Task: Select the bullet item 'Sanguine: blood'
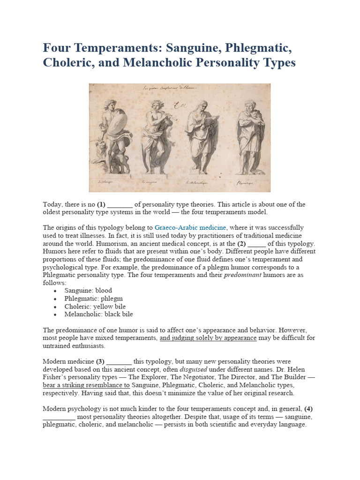tap(88, 291)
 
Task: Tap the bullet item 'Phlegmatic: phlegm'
tap(93, 299)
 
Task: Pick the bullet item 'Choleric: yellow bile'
tap(95, 307)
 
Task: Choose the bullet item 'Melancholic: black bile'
tap(98, 315)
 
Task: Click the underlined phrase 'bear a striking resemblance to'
tap(86, 386)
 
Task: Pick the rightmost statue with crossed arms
tap(248, 136)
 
